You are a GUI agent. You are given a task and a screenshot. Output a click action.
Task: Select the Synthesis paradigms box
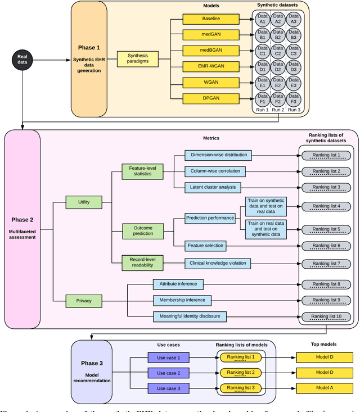click(x=137, y=59)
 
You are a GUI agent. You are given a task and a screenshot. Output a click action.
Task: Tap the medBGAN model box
click(x=206, y=51)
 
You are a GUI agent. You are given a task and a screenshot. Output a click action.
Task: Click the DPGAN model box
click(x=206, y=98)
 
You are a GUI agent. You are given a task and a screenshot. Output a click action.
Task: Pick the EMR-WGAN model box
click(x=206, y=66)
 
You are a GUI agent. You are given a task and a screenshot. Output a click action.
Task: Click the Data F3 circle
click(x=293, y=99)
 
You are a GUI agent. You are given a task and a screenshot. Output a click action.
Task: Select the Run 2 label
click(x=278, y=110)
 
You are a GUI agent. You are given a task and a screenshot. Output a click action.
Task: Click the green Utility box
click(x=83, y=201)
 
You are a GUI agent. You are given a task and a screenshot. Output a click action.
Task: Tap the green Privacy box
click(x=83, y=301)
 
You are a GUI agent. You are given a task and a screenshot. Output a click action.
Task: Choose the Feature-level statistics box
click(x=144, y=171)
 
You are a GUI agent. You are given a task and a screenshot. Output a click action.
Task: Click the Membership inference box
click(x=182, y=301)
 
